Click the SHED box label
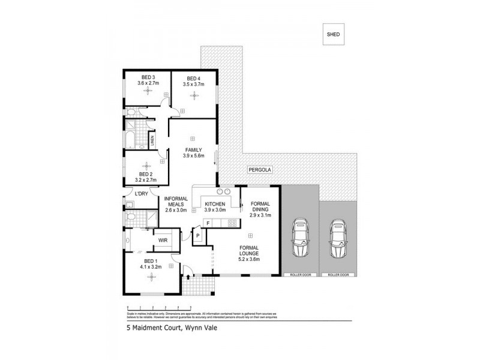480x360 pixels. pyautogui.click(x=333, y=34)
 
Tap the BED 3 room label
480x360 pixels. pyautogui.click(x=148, y=77)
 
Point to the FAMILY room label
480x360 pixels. pyautogui.click(x=193, y=149)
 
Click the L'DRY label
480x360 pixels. pyautogui.click(x=141, y=194)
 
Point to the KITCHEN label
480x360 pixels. pyautogui.click(x=214, y=205)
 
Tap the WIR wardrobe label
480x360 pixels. pyautogui.click(x=162, y=241)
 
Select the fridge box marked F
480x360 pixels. pyautogui.click(x=207, y=224)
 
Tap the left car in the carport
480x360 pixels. pyautogui.click(x=299, y=238)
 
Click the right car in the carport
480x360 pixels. pyautogui.click(x=337, y=238)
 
